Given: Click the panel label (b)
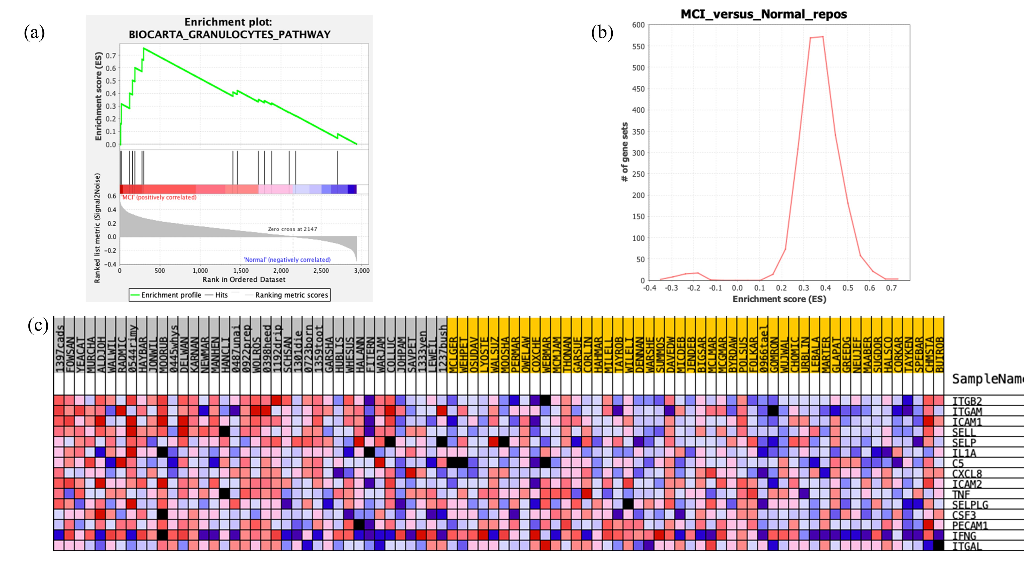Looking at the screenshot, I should (x=602, y=33).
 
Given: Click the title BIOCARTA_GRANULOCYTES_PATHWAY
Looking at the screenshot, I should (x=229, y=35).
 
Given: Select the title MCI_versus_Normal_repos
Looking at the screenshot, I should (x=763, y=14).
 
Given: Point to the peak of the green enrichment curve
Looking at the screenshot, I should (x=144, y=49).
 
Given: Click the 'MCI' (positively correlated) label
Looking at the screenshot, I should (x=159, y=197).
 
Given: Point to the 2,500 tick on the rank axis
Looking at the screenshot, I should (x=321, y=271).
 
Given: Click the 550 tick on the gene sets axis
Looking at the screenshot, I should (x=638, y=47).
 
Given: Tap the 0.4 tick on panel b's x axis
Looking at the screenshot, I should (x=825, y=288).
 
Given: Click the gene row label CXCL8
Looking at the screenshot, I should (x=967, y=474).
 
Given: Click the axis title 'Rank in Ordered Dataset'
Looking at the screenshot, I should (x=244, y=280).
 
